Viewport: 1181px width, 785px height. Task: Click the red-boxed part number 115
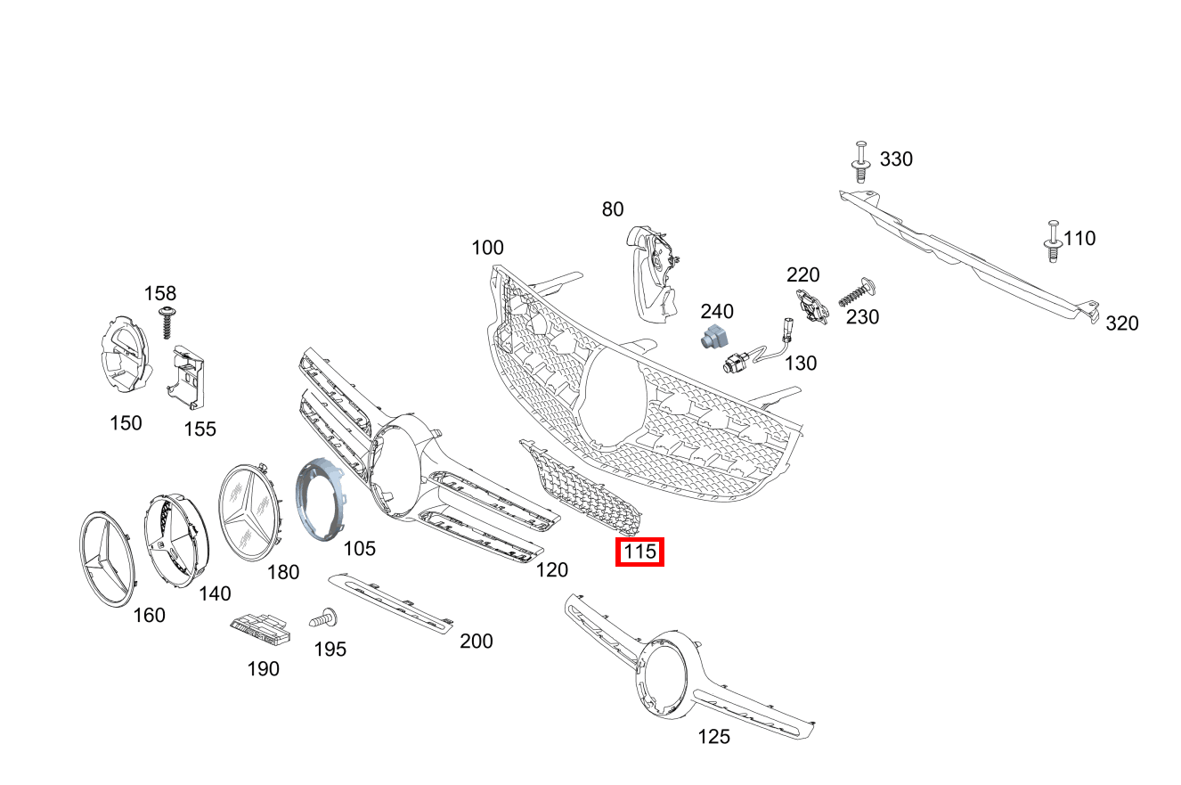tap(639, 552)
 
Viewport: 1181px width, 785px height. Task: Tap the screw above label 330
tap(860, 161)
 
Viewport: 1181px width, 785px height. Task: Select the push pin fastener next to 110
tap(1053, 241)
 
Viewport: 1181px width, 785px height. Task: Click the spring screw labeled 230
tap(858, 291)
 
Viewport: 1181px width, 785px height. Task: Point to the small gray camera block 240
tap(714, 336)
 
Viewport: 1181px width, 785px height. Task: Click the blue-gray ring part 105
tap(321, 499)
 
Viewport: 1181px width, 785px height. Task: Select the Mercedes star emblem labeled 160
tap(107, 559)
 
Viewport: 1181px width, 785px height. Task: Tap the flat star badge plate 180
tap(250, 512)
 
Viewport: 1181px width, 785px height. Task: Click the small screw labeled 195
tap(323, 617)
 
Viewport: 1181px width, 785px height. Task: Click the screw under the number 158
tap(167, 322)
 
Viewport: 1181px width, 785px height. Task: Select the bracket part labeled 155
tap(186, 378)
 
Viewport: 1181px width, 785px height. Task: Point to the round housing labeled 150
tap(126, 355)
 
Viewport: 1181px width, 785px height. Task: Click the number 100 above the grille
tap(487, 248)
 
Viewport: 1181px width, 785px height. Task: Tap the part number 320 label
tap(1122, 323)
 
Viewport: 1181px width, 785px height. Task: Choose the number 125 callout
tap(714, 737)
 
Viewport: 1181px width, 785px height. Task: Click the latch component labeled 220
tap(812, 306)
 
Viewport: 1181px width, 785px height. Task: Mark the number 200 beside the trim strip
tap(476, 641)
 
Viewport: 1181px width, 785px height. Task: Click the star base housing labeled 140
tap(176, 541)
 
